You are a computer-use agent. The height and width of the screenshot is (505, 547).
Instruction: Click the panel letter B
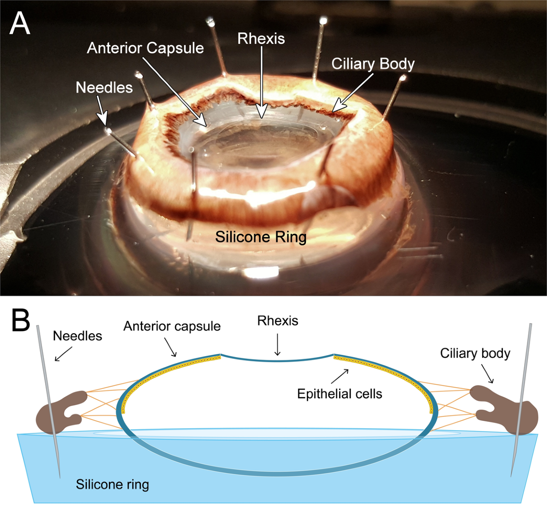point(20,321)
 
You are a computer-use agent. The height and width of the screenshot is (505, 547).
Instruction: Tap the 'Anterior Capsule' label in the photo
point(145,48)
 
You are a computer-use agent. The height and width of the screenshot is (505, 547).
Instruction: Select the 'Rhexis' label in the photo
point(261,38)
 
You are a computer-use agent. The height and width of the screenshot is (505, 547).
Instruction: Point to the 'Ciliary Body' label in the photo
point(373,64)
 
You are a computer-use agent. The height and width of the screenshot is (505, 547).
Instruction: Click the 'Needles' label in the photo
point(104,87)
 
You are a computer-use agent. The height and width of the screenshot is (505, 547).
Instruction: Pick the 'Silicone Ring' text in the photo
point(261,237)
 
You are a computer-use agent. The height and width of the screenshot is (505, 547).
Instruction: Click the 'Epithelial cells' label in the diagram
point(340,394)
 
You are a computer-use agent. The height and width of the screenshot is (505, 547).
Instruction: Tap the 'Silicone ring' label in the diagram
point(113,484)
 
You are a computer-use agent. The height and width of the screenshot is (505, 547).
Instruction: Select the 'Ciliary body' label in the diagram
point(475,353)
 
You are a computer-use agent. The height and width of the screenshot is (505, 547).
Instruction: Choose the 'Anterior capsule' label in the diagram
point(172,326)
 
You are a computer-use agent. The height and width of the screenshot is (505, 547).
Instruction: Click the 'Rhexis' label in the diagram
point(278,321)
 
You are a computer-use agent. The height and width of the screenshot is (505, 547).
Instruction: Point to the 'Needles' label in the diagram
point(77,336)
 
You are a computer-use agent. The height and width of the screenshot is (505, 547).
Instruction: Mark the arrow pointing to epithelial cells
point(340,376)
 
